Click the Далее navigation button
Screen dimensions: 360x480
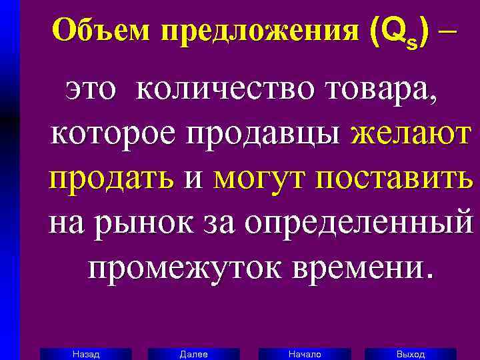(x=194, y=354)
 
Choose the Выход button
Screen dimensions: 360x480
(x=411, y=354)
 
